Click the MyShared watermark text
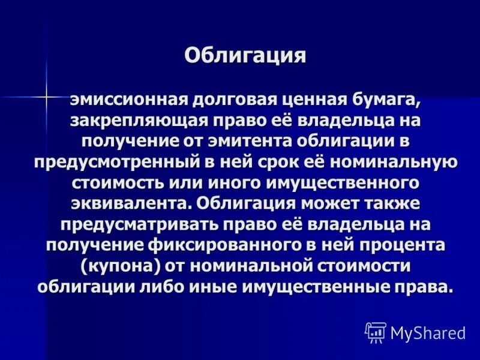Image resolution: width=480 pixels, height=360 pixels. pos(427,332)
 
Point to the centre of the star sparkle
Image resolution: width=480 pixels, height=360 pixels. pos(46,96)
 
